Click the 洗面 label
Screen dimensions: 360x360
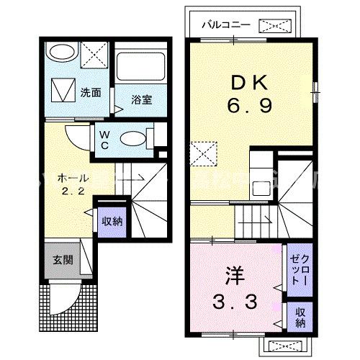tap(90, 92)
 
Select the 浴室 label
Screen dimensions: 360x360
tap(142, 100)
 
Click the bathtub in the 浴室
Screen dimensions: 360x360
tap(141, 68)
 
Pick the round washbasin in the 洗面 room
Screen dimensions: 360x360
tap(60, 54)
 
